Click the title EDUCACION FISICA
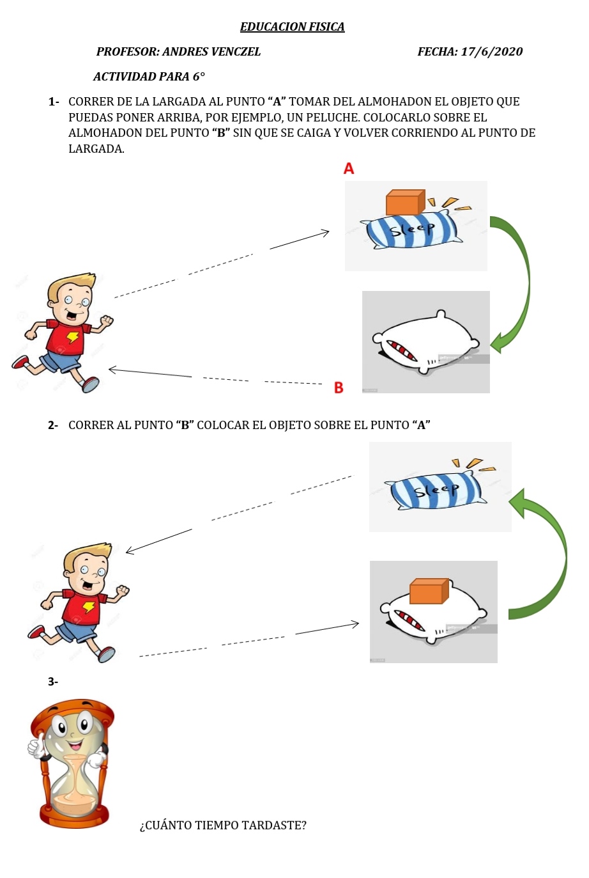(292, 27)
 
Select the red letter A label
(348, 169)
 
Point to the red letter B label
(339, 388)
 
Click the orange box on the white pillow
(429, 592)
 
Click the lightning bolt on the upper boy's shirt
(73, 337)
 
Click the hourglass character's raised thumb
(34, 744)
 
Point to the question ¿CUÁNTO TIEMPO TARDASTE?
(223, 826)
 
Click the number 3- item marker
(53, 682)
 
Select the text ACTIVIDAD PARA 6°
(149, 77)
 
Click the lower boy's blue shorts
(77, 631)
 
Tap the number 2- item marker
(53, 425)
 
